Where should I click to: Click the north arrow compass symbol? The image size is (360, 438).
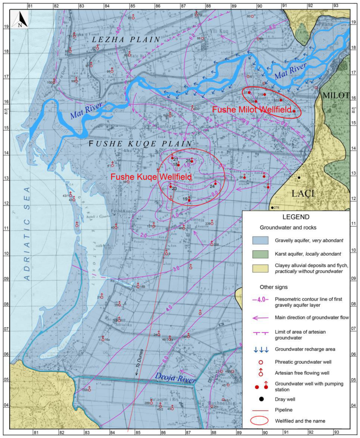coord(20,19)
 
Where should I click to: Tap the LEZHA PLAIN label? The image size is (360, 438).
coord(126,40)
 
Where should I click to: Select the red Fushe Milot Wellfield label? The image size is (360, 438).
coord(252,110)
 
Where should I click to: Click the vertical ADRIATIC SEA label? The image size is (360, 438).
coord(27,233)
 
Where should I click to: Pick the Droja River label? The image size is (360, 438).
coord(175,378)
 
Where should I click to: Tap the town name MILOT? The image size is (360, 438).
coord(336,95)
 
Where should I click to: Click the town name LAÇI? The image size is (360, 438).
coord(303,193)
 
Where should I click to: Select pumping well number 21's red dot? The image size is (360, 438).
coord(172,158)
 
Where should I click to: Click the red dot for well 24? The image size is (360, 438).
coord(215,184)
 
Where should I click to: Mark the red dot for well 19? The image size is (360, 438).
coord(189,200)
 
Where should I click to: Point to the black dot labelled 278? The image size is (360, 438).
coord(272,208)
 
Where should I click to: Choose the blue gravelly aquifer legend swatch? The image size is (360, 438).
coord(260,240)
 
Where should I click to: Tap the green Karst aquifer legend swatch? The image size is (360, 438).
coord(260,254)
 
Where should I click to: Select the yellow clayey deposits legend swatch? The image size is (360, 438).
coord(260,268)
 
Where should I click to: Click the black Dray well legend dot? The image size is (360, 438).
coord(261,399)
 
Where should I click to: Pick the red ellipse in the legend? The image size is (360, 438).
coord(259,421)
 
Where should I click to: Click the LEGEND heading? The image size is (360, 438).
coord(296,217)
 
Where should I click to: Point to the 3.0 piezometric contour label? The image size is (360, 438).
coord(176,269)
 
